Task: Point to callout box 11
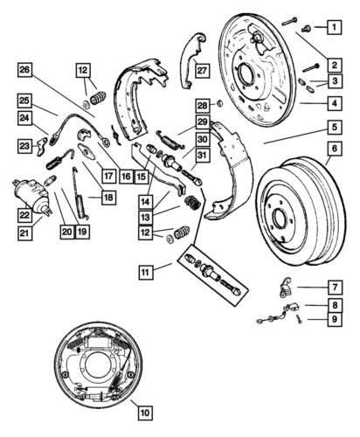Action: click(146, 272)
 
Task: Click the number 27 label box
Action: click(202, 71)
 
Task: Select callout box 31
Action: click(202, 156)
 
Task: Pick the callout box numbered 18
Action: click(108, 198)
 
